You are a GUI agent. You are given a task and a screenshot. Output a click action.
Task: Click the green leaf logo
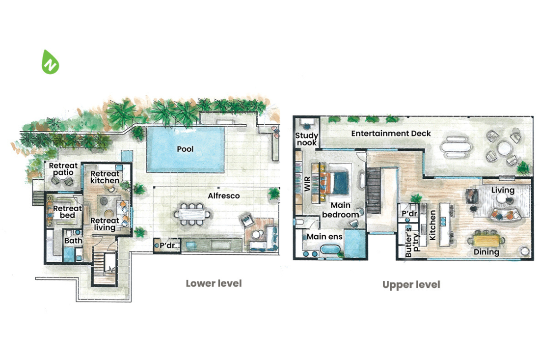tap(50, 62)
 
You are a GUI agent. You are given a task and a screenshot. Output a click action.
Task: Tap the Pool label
tap(185, 149)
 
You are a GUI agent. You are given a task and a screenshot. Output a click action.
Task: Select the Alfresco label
tap(223, 196)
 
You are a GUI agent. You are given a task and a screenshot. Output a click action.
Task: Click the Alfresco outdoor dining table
tap(192, 214)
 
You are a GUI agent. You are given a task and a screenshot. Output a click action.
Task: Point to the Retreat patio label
tap(61, 169)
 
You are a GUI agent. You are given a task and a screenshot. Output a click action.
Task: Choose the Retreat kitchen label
tap(105, 177)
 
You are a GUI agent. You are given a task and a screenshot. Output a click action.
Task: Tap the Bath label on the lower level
tap(73, 241)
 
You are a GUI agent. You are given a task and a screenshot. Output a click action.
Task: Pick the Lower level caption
tap(214, 283)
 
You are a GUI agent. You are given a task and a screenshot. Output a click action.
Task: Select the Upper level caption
tap(411, 284)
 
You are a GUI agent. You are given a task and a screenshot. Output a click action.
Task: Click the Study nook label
tap(306, 139)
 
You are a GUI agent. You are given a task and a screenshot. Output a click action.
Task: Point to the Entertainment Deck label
tap(391, 133)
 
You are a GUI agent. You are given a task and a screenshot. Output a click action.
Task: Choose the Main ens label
tap(324, 237)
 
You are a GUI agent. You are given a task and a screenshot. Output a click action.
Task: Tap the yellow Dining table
tap(486, 240)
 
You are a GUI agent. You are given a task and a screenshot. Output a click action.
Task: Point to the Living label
tap(503, 190)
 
